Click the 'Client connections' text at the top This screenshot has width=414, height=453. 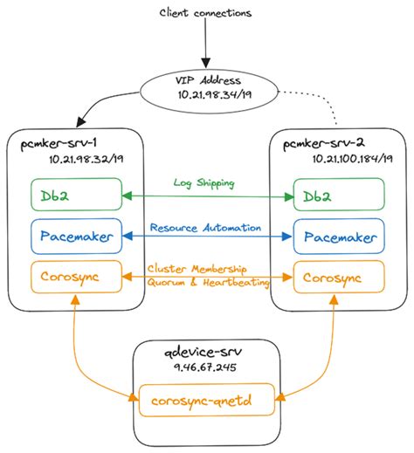[207, 12]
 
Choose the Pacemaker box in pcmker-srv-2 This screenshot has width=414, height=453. [339, 236]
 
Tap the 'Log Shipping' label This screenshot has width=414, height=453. [206, 185]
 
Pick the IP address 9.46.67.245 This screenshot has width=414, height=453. [205, 368]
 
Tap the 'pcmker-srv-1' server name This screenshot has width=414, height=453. [58, 142]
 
